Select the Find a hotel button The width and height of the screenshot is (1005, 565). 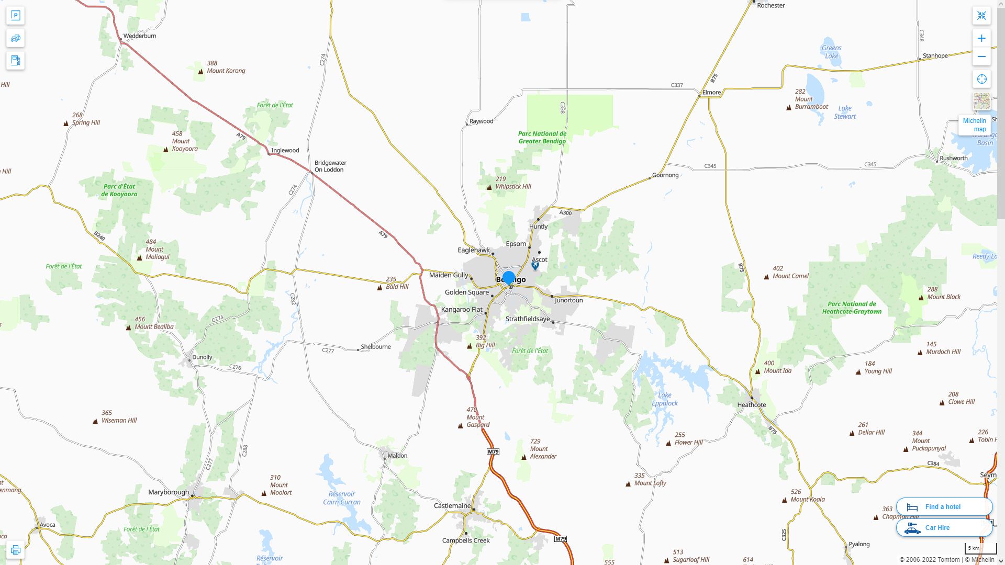coord(944,507)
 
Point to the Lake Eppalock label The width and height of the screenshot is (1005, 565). coord(665,399)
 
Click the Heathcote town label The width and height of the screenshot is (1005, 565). coord(751,405)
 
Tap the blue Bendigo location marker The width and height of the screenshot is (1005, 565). coord(508,278)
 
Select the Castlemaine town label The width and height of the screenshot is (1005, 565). coord(452,506)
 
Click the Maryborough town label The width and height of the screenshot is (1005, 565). coord(169,492)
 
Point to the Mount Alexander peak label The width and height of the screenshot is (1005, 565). coord(542,449)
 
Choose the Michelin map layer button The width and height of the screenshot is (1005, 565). coord(974,125)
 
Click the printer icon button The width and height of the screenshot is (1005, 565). coord(15,550)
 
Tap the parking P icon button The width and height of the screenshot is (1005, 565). coord(15,16)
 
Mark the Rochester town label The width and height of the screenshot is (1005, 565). coord(770,6)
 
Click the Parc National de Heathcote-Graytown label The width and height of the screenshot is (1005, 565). coord(852,308)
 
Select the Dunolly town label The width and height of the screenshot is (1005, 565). coord(202,357)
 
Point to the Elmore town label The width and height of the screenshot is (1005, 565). coord(711,93)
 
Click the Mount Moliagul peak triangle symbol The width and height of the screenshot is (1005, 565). coord(139,258)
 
